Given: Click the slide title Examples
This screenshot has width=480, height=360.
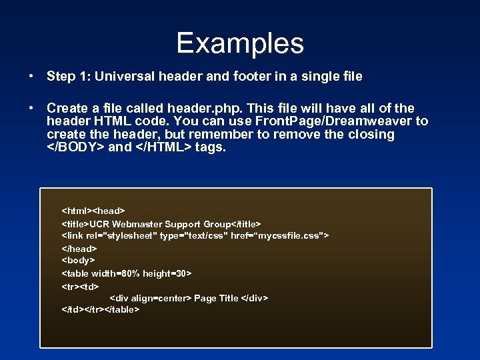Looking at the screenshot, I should click(x=240, y=44).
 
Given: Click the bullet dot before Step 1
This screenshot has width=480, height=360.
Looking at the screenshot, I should click(x=31, y=77).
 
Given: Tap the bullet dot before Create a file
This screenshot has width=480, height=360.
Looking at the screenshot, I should click(x=31, y=109).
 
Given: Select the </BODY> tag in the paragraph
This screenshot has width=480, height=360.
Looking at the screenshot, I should click(x=75, y=147).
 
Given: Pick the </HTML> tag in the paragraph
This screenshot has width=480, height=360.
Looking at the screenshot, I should click(x=164, y=147).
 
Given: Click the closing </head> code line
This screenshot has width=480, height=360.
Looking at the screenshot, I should click(x=79, y=249).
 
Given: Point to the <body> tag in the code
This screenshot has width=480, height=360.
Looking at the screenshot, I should click(x=79, y=261).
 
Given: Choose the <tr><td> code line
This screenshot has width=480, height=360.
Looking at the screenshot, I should click(x=80, y=286).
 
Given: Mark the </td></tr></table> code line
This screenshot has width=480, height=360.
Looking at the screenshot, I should click(x=101, y=310).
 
